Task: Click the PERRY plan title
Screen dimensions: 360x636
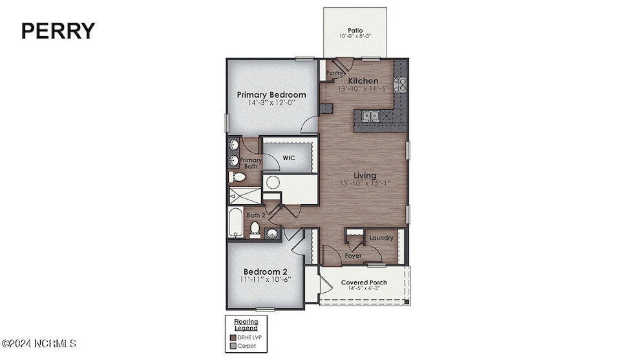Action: [x=58, y=30]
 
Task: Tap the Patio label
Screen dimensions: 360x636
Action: [x=355, y=30]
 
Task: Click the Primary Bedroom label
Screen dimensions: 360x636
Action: [x=271, y=94]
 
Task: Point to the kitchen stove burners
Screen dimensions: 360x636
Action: [x=400, y=83]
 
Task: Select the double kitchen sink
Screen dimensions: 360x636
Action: [x=370, y=116]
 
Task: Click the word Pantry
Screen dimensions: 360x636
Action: [x=335, y=74]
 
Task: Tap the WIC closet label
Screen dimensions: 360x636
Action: [x=289, y=157]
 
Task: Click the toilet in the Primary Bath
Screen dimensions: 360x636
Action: [x=237, y=176]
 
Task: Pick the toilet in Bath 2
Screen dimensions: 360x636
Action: [x=255, y=228]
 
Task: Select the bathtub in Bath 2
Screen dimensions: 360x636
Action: [x=235, y=221]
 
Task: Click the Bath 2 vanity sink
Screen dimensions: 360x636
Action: [x=272, y=233]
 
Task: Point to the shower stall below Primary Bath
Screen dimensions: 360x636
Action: [x=245, y=195]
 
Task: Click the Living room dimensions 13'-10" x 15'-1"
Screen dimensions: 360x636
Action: [x=365, y=184]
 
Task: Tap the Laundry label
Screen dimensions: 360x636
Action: [x=381, y=238]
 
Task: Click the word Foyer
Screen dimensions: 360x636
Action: [x=353, y=256]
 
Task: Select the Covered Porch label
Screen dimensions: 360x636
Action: [x=364, y=282]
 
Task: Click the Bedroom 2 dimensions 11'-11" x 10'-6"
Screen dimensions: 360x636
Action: [x=266, y=279]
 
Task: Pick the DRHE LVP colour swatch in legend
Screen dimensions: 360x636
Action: [x=233, y=337]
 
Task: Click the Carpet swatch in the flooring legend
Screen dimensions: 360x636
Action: [x=233, y=346]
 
